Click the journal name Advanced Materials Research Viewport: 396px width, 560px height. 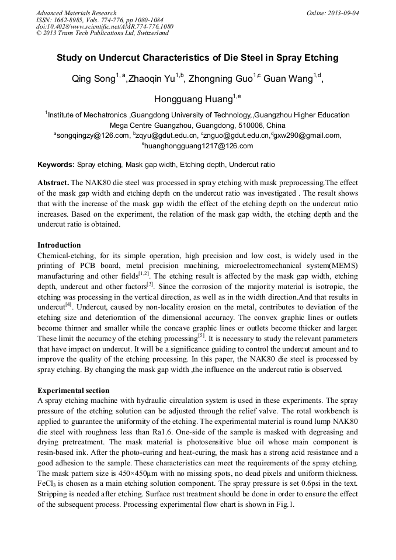click(77, 13)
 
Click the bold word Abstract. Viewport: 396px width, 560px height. click(53, 182)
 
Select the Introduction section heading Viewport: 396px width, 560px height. click(59, 245)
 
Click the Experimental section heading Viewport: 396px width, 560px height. click(73, 390)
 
